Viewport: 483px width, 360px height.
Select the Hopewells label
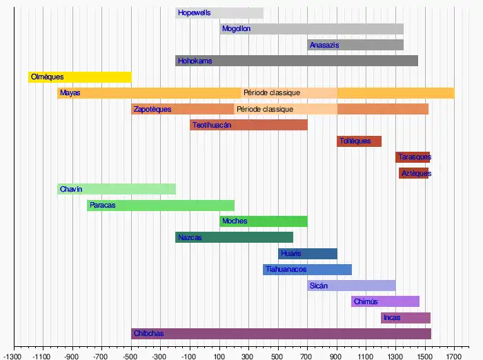coord(194,13)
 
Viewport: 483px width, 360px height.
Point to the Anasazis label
coord(324,45)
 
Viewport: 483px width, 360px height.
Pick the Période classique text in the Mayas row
coord(271,93)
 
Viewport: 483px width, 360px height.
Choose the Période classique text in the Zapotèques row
coord(264,109)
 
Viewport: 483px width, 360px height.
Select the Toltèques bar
coord(359,141)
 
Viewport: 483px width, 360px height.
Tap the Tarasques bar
coord(413,157)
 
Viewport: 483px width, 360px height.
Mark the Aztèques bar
coord(413,173)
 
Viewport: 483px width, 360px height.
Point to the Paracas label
coord(103,206)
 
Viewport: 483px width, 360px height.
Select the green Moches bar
coord(276,221)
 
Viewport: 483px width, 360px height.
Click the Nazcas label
coord(190,237)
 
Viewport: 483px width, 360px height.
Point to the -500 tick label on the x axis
coord(131,356)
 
